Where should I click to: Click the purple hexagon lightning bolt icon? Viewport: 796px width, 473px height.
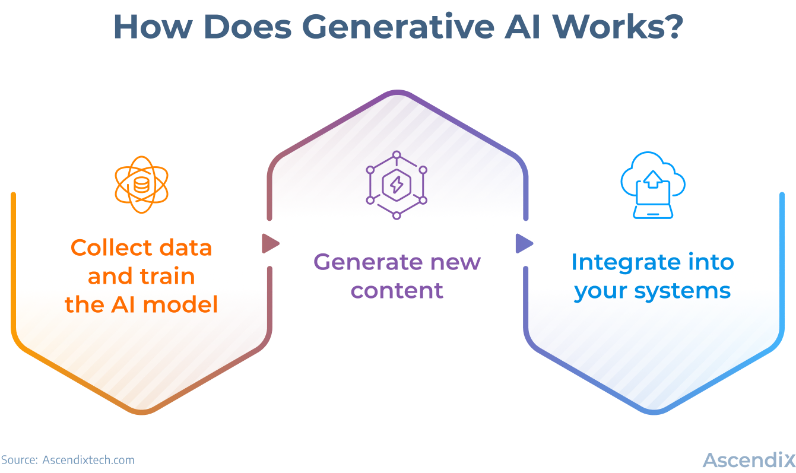[x=397, y=185]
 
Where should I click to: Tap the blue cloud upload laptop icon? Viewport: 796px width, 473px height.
[x=653, y=185]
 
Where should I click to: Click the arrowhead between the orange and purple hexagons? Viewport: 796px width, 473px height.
[x=270, y=243]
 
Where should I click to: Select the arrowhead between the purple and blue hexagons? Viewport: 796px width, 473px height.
[x=524, y=243]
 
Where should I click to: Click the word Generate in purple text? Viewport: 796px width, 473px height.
[x=363, y=262]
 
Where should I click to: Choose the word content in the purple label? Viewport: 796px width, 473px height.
[x=397, y=290]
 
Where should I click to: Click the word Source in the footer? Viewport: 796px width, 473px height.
[x=18, y=460]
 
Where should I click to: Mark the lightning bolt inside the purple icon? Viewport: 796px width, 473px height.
[x=397, y=185]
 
